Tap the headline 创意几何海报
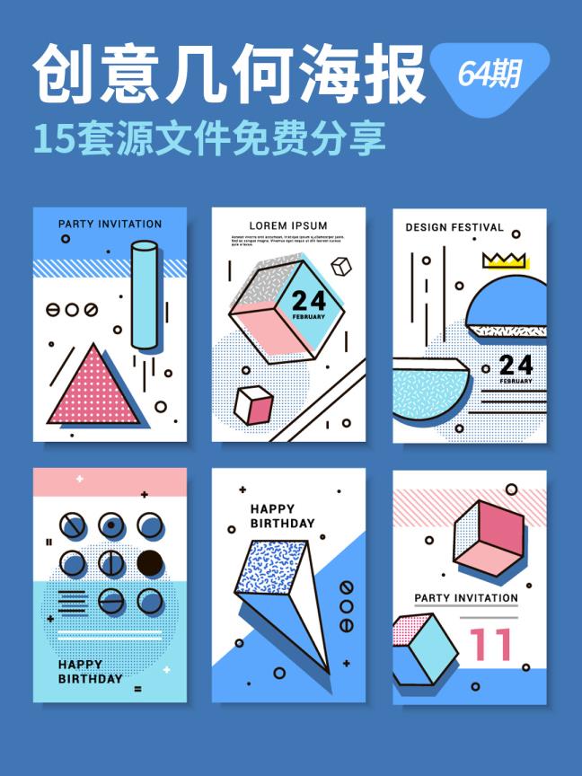(x=229, y=75)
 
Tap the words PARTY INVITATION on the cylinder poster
(x=110, y=224)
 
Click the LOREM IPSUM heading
(x=288, y=225)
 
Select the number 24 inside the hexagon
(x=309, y=300)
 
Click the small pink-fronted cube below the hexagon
(x=253, y=406)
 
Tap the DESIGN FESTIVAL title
(x=454, y=227)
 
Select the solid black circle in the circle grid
(x=150, y=563)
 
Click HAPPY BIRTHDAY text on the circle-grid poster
(x=90, y=672)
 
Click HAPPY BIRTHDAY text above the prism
(x=282, y=516)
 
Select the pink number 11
(x=491, y=644)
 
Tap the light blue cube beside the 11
(x=425, y=649)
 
